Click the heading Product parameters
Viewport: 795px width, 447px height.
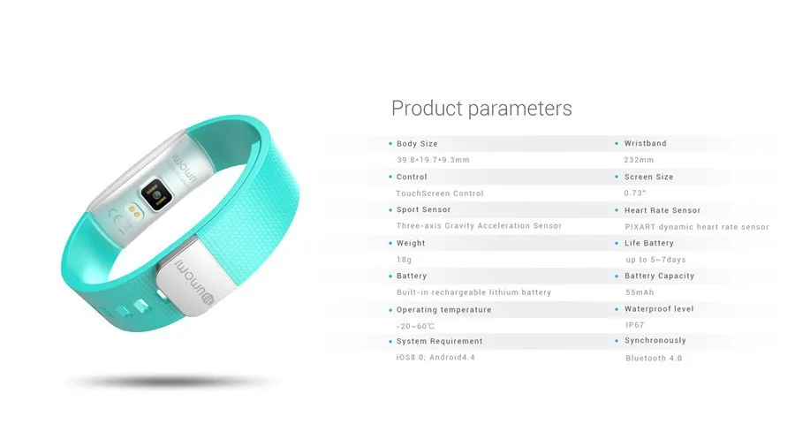(481, 109)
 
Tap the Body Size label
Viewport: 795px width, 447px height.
(417, 143)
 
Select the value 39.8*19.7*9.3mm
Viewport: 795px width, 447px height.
(433, 160)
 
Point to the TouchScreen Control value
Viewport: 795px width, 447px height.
(440, 193)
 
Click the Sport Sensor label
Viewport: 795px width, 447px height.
(423, 209)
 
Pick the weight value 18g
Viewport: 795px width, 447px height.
(405, 259)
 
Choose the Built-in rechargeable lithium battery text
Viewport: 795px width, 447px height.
(473, 292)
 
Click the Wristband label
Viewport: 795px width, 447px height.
(645, 143)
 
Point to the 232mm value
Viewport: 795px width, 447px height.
(639, 160)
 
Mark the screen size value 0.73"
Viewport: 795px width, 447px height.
(635, 193)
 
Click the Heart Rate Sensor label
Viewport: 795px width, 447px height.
(662, 210)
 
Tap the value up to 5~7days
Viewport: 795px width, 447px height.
(655, 259)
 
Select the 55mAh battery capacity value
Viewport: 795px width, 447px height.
(640, 292)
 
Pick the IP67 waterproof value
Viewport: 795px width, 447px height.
(634, 325)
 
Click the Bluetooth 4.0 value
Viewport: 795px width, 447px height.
(654, 358)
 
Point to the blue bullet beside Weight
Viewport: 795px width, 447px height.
(390, 243)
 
